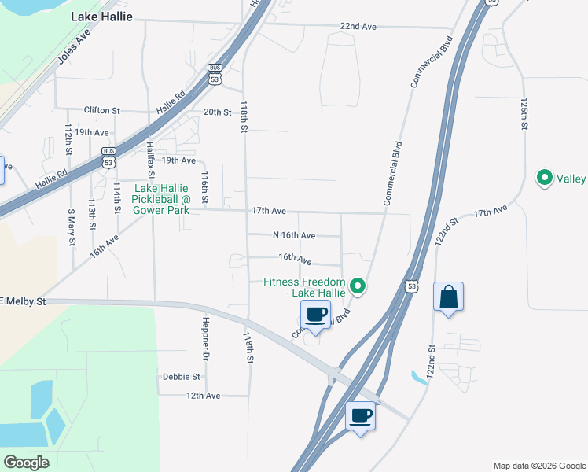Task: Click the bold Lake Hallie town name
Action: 101,17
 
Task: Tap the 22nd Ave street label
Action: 358,27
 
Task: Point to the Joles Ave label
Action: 75,50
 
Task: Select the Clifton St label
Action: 101,111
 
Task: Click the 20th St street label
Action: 217,112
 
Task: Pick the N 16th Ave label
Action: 294,235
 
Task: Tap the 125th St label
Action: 523,114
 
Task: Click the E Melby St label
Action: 23,301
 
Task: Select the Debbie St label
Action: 181,377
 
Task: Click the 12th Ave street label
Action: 203,396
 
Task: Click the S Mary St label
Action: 71,226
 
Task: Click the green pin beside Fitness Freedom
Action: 358,286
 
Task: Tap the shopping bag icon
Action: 448,297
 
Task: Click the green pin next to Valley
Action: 543,179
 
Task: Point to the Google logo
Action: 26,463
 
